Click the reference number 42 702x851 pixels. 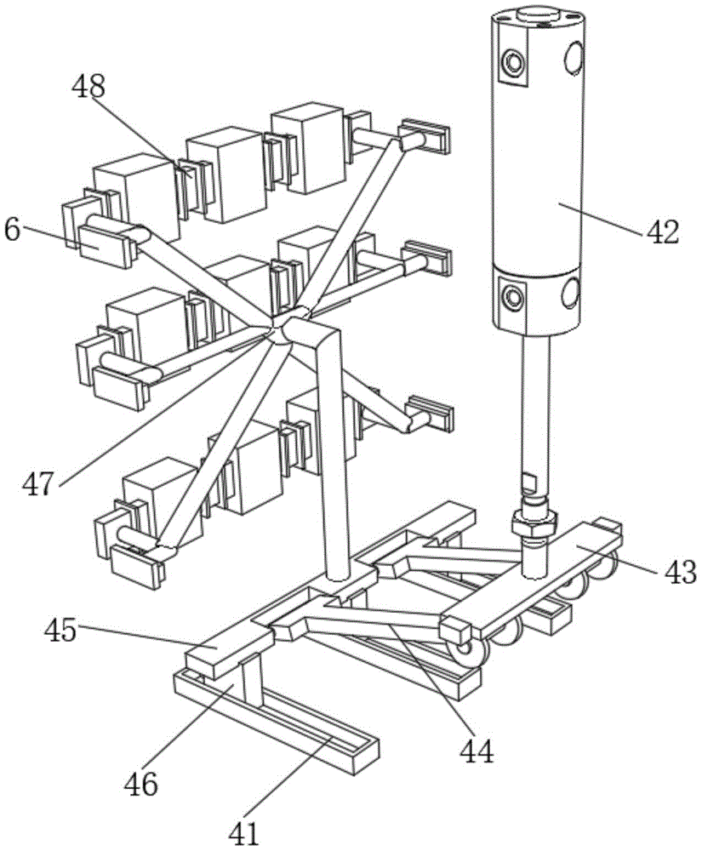(x=661, y=231)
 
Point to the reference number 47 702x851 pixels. (x=40, y=483)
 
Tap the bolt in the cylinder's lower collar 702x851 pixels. (x=512, y=296)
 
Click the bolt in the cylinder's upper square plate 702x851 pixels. (x=512, y=62)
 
